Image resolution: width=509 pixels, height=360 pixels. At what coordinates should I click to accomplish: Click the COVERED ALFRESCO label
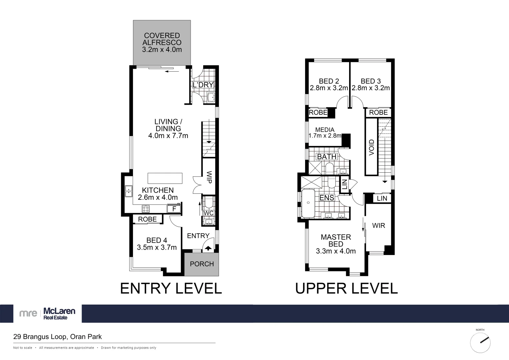point(162,39)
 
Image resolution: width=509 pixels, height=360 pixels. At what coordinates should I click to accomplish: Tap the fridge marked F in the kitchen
point(174,209)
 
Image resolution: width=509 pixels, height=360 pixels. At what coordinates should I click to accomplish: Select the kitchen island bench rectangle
point(165,178)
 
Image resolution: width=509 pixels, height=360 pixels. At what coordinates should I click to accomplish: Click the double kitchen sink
point(129,191)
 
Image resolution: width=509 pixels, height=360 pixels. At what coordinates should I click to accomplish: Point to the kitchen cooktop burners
point(146,209)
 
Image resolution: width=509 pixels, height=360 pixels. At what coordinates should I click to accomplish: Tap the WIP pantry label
point(209,177)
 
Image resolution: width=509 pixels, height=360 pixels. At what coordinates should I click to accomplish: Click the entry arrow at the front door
point(208,248)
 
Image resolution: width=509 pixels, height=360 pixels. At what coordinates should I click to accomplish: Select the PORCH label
point(202,264)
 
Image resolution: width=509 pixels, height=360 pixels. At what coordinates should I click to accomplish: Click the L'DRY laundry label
point(203,85)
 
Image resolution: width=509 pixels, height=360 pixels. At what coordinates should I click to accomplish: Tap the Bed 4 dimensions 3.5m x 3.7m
point(157,247)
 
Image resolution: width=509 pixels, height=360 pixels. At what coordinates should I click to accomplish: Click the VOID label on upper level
point(372,147)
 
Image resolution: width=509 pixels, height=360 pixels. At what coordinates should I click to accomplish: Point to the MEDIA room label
point(324,130)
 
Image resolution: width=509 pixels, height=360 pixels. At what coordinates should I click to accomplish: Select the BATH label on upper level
point(326,157)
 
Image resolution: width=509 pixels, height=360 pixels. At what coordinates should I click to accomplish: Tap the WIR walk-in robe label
point(378,226)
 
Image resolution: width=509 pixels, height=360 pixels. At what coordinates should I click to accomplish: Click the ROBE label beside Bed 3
point(378,113)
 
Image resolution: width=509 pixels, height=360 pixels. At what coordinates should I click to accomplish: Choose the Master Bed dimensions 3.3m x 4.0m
point(336,251)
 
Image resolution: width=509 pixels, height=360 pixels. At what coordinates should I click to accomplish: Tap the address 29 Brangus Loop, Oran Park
point(58,337)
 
